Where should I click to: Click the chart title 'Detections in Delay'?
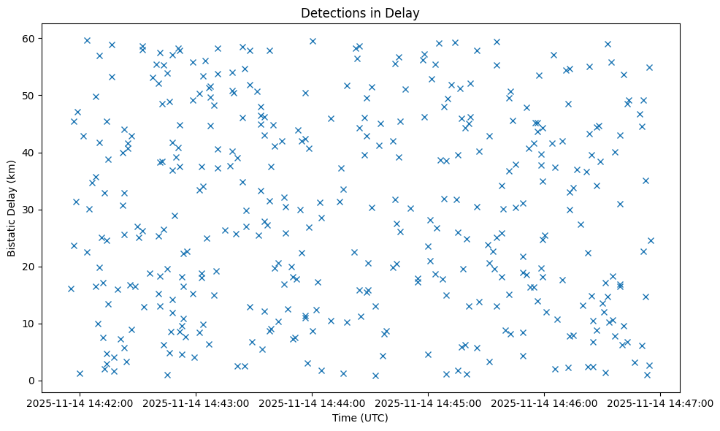click(x=359, y=13)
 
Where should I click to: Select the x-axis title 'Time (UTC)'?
click(x=359, y=418)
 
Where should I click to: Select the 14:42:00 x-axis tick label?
click(x=80, y=403)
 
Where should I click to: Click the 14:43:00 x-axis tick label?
click(x=196, y=403)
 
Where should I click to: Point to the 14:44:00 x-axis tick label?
click(x=313, y=403)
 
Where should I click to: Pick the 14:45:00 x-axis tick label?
click(x=429, y=403)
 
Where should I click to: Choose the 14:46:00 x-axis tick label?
click(x=545, y=403)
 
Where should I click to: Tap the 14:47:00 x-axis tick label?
click(x=661, y=403)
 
